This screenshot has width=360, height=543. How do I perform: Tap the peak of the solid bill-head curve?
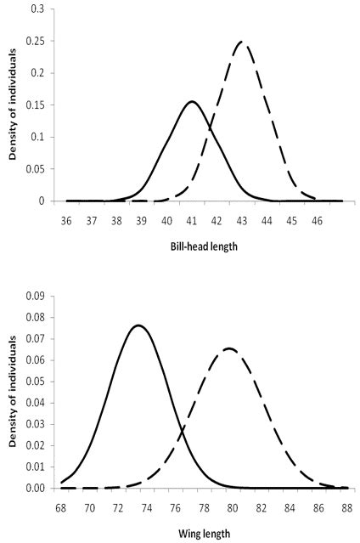tap(192, 102)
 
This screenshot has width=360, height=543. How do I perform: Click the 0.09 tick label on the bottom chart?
tap(37, 297)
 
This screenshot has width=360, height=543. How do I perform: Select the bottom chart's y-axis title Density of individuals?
tap(13, 392)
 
